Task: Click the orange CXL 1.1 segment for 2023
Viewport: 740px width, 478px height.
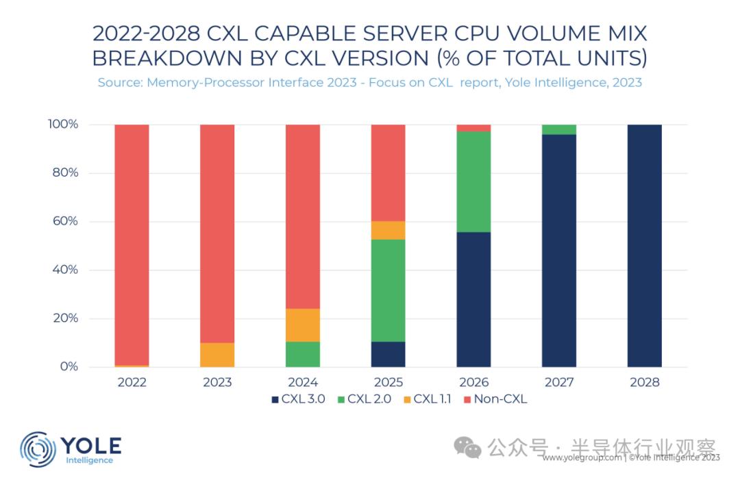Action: pos(217,355)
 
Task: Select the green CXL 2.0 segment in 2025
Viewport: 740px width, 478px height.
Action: pos(388,290)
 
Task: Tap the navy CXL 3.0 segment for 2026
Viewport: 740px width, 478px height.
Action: pos(473,299)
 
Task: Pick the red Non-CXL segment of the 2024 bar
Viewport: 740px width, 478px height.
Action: pos(303,216)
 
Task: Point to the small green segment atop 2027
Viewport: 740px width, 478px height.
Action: pos(559,129)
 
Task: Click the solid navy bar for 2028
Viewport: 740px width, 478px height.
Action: pos(644,246)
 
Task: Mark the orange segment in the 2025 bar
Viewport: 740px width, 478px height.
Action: pos(388,230)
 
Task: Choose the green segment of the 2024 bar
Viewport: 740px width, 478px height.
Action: pos(303,354)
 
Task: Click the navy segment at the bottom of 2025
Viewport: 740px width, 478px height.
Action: pos(388,354)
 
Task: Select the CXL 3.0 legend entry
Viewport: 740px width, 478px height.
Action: pos(299,399)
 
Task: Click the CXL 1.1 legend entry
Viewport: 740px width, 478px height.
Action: pos(428,399)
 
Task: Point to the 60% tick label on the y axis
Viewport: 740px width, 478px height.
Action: pos(64,221)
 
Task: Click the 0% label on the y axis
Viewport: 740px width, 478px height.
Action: pos(68,367)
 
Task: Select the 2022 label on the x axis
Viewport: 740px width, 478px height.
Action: pos(132,382)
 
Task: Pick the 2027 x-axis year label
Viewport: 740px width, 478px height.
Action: pos(559,382)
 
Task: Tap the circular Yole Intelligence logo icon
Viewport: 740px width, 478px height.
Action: pos(38,449)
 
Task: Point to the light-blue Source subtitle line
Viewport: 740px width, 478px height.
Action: pos(369,82)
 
